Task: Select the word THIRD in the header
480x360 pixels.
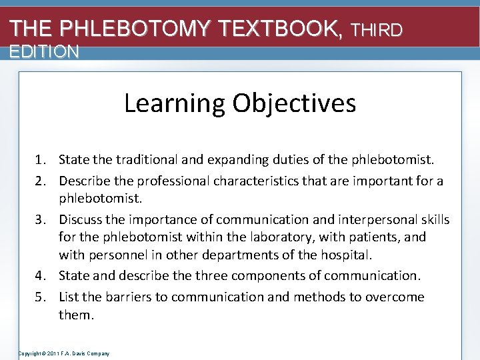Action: tap(377, 30)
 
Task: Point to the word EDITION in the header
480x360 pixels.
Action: tap(44, 51)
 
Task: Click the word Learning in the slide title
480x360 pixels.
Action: tap(175, 103)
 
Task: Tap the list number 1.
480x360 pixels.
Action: tap(41, 160)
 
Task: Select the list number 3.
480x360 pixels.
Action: tap(41, 220)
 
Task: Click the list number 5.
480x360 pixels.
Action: tap(41, 297)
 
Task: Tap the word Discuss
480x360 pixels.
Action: tap(81, 220)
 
